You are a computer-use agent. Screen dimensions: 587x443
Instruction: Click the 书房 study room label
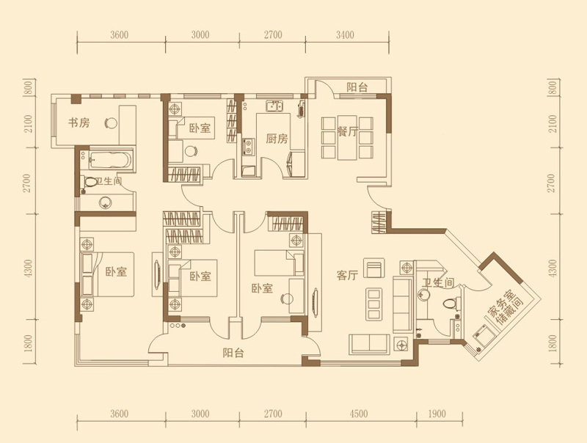79,122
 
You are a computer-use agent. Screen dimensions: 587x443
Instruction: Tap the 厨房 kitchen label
277,139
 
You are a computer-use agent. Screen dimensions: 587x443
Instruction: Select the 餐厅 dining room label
348,132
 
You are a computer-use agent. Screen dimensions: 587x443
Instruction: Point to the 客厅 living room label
347,276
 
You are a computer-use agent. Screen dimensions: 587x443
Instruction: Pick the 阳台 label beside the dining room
357,87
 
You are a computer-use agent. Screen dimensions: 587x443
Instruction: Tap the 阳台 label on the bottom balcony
233,353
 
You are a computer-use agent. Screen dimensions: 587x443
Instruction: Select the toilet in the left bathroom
90,182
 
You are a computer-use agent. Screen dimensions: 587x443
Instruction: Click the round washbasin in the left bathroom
105,203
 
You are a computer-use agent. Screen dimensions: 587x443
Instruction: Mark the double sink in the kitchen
274,106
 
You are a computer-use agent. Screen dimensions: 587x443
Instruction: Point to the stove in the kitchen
248,147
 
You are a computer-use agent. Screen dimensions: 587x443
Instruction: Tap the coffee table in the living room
374,304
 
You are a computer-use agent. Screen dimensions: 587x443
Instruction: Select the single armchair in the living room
374,268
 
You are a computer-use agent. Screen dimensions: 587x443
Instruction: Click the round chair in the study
111,122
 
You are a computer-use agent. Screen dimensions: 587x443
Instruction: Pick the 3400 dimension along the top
345,35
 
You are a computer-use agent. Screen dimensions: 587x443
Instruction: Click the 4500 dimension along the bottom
358,414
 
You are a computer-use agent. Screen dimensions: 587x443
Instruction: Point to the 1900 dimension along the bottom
437,414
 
